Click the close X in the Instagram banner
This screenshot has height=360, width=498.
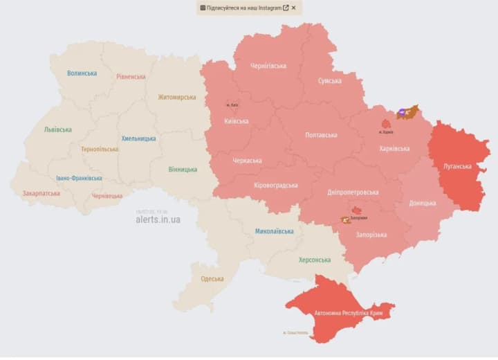(293, 8)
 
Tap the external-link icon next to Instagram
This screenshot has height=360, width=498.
(286, 8)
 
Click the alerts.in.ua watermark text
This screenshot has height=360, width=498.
(158, 219)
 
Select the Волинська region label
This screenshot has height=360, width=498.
(82, 73)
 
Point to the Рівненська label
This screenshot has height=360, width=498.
(131, 76)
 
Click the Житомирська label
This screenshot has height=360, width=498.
(176, 97)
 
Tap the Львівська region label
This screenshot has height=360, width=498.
(57, 129)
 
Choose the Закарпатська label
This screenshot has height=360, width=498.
(41, 194)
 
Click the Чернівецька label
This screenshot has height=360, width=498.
(107, 196)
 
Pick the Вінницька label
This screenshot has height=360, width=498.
(183, 169)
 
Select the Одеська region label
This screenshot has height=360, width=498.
(212, 278)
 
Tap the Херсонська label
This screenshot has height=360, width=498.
(314, 260)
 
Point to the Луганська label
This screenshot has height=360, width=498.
(457, 166)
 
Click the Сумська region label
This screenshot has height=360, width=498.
(329, 81)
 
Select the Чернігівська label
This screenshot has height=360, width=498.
(268, 66)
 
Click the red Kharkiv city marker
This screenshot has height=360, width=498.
(386, 123)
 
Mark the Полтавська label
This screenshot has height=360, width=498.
(321, 135)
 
